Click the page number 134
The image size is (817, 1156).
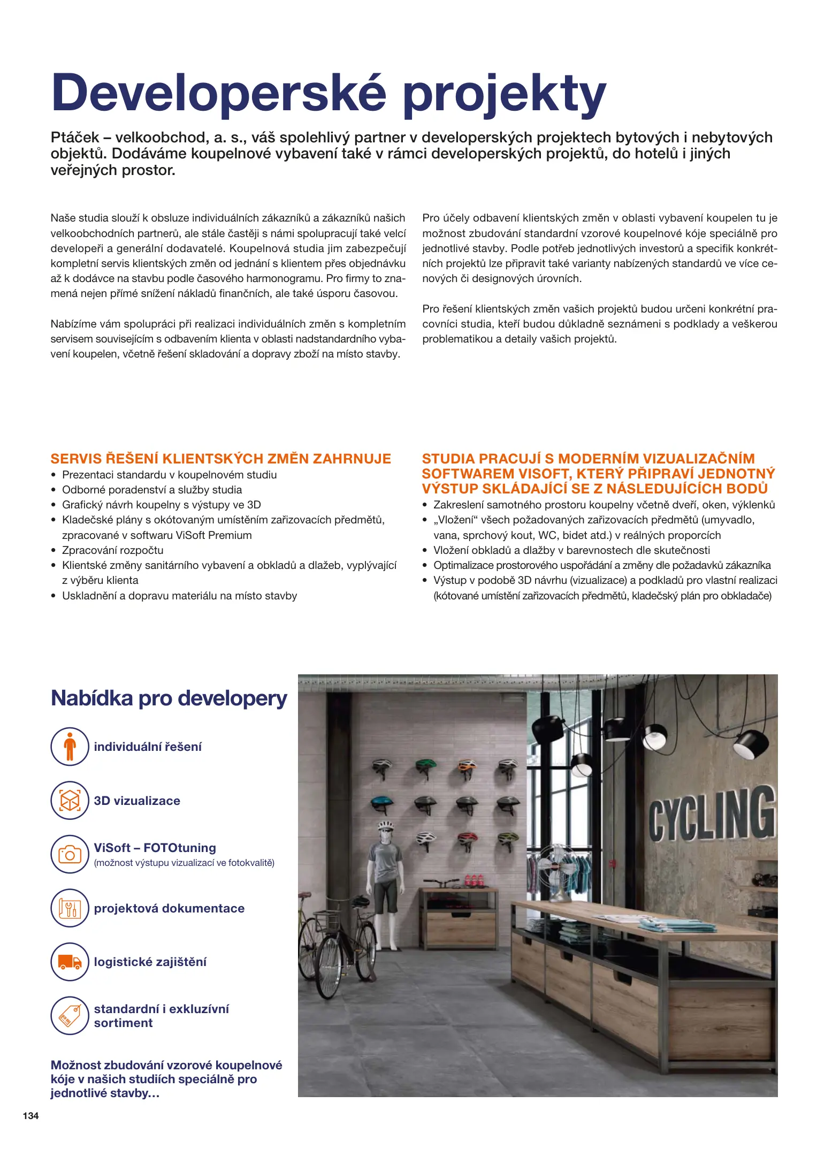[30, 1115]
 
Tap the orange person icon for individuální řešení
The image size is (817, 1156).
[70, 746]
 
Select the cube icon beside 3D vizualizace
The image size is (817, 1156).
[70, 800]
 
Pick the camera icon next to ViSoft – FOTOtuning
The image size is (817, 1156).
[70, 854]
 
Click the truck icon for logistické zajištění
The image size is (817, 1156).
[70, 962]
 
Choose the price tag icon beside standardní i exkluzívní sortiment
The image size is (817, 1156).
[70, 1016]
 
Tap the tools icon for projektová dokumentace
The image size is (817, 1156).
[70, 908]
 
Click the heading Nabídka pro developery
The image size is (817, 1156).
[169, 698]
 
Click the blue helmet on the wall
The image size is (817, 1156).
[381, 803]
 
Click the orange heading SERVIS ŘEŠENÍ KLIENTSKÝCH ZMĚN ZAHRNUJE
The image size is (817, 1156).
[220, 459]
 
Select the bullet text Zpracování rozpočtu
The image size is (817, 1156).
[112, 550]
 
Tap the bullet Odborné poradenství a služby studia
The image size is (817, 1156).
[152, 490]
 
